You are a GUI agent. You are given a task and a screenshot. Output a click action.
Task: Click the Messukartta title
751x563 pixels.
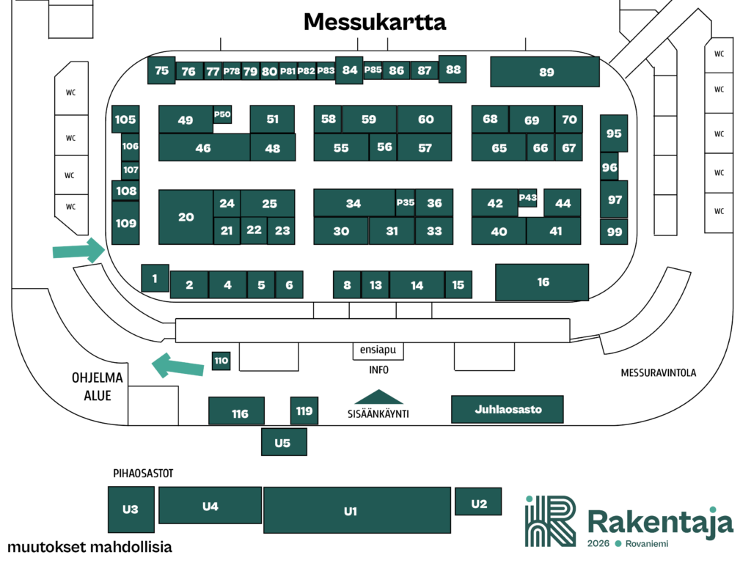click(x=375, y=22)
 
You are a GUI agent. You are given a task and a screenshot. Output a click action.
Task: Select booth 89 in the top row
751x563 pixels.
click(x=545, y=72)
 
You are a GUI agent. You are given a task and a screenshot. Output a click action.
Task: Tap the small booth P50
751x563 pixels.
click(x=222, y=114)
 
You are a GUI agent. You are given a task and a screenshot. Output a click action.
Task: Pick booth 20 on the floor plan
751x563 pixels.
click(x=186, y=217)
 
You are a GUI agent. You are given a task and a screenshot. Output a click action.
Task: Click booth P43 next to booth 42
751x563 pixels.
click(x=527, y=197)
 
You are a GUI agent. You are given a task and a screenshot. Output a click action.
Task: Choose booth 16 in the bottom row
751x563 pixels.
click(x=542, y=282)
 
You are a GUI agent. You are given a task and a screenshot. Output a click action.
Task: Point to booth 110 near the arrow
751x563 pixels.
click(x=221, y=361)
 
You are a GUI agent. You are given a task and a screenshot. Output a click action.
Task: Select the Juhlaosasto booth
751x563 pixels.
click(x=507, y=409)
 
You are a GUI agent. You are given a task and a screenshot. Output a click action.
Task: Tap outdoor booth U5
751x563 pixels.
click(x=284, y=442)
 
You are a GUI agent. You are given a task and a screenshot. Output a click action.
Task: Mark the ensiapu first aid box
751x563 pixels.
click(x=378, y=350)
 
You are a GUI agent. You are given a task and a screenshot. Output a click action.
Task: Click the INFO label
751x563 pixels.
click(x=378, y=370)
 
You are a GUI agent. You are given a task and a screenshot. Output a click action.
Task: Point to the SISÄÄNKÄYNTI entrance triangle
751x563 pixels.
click(x=378, y=397)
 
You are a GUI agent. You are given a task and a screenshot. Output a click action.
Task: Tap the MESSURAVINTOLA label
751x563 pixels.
click(x=658, y=373)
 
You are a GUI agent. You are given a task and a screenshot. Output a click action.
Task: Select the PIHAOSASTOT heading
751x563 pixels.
click(x=142, y=474)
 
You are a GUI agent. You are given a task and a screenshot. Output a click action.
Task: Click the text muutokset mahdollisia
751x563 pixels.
click(x=89, y=548)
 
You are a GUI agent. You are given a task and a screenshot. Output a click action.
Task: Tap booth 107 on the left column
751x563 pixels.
click(x=131, y=170)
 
